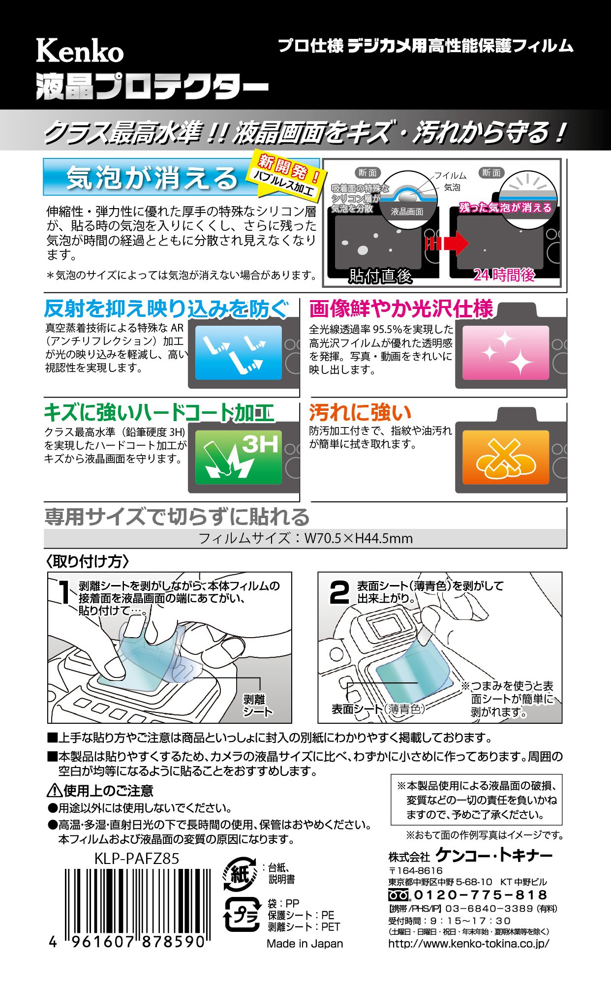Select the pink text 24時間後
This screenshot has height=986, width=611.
pos(504,275)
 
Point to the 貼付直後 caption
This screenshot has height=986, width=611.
pos(380,276)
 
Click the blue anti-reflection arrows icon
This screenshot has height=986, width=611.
pos(239,352)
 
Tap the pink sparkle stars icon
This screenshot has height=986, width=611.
pos(506,352)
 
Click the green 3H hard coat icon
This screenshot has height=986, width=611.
pos(239,457)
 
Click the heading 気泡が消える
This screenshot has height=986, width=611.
pos(153,178)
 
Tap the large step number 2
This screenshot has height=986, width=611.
pos(339,592)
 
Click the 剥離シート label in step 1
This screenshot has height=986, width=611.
pos(257,705)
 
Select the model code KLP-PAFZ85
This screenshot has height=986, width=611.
pos(137,859)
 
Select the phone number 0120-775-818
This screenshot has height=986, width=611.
pos(480,895)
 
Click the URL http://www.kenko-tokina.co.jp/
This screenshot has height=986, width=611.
pos(468,943)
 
